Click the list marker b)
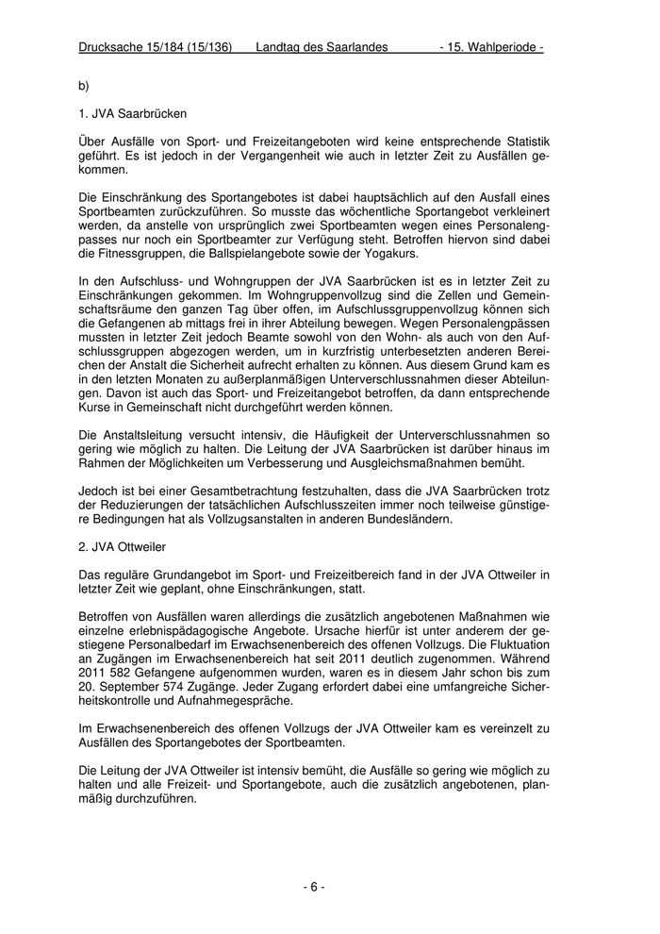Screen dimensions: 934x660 point(84,86)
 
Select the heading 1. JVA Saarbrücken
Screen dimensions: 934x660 point(132,113)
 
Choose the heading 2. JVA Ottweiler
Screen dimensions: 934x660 point(124,545)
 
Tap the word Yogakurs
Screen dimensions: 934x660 point(383,255)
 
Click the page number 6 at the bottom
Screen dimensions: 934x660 point(314,886)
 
